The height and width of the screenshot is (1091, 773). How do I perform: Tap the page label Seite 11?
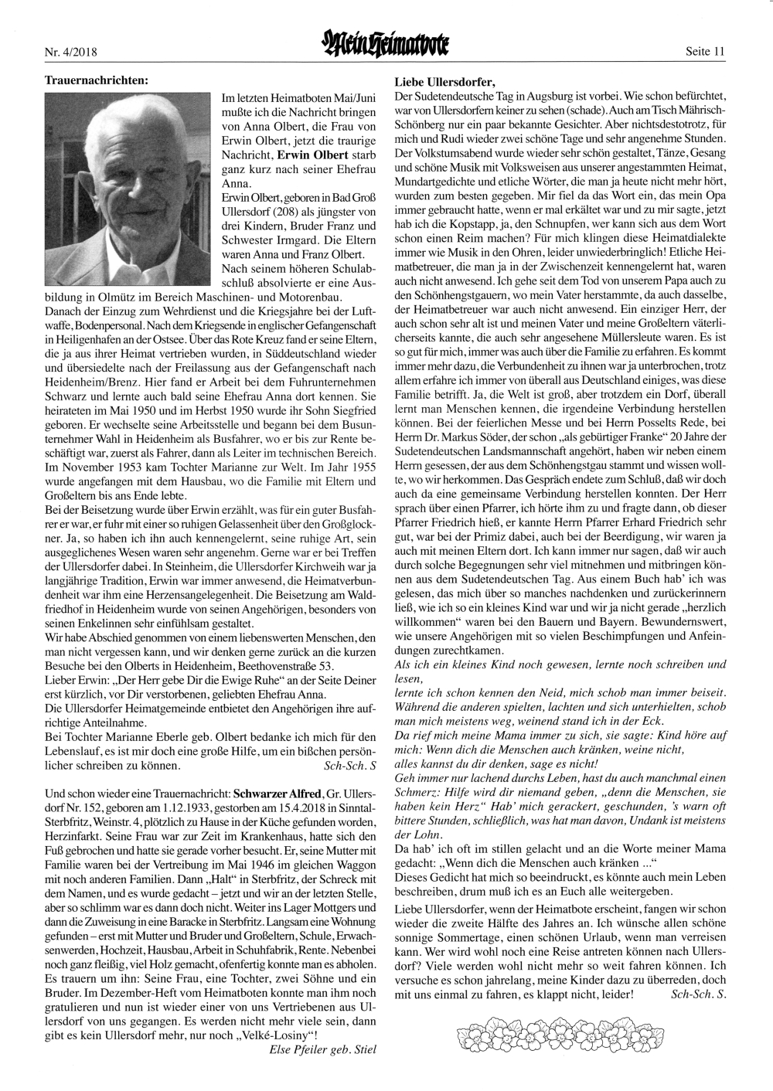tap(705, 52)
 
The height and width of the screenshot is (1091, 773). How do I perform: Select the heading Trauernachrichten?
tap(97, 79)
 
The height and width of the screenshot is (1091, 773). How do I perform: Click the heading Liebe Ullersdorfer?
tap(444, 81)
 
